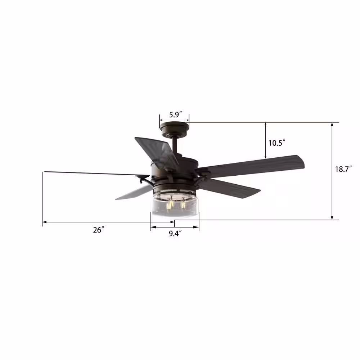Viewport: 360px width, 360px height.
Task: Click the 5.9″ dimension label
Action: coord(176,114)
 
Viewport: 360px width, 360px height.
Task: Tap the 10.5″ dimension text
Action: coord(277,143)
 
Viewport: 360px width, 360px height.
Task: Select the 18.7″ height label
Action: coord(343,169)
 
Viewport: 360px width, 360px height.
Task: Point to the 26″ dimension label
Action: coord(99,230)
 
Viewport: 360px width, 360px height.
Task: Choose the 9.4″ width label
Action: coord(175,234)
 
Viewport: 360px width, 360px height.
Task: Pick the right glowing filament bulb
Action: coord(183,203)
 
